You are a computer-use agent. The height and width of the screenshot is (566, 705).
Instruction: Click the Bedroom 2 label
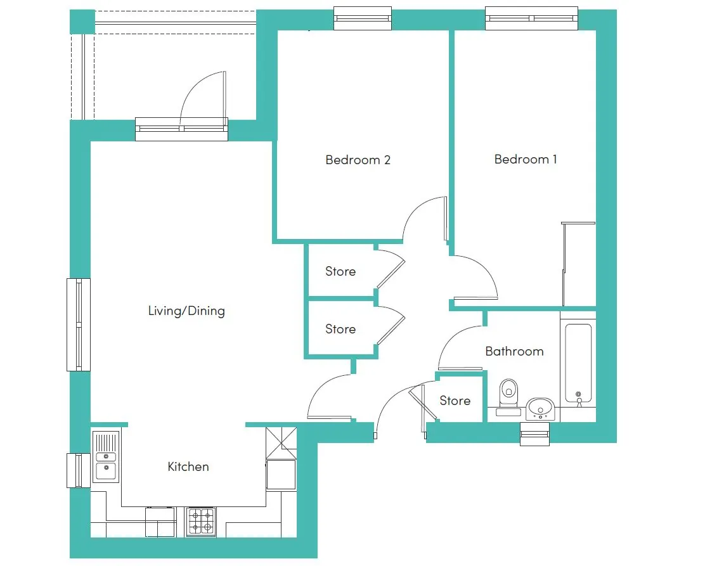point(358,160)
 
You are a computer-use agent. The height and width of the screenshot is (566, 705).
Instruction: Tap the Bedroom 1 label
point(526,159)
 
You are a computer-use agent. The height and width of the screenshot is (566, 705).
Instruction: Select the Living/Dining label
point(186,311)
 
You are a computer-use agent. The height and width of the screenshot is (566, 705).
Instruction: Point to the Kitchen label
point(188,466)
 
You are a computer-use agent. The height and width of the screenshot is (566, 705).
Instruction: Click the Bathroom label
point(514,351)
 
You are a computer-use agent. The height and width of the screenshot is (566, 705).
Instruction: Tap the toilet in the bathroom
point(508,396)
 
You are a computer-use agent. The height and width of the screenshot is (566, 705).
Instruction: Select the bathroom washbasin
point(540,409)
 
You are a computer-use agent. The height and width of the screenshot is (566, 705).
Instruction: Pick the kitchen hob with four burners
point(201,522)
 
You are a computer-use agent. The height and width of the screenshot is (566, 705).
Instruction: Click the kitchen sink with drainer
point(106,456)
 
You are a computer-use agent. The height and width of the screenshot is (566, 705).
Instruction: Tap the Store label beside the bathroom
point(455,401)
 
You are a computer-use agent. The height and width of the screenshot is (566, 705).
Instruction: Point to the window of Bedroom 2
point(363,18)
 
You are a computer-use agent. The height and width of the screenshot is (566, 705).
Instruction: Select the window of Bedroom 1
point(531,18)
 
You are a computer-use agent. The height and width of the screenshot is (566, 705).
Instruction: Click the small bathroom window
point(534,434)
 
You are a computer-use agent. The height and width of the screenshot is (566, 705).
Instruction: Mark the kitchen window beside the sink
point(79,471)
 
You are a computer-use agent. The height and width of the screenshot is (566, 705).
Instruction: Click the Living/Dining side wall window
point(79,325)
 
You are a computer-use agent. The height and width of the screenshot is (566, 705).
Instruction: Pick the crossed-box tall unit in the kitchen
point(281,442)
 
